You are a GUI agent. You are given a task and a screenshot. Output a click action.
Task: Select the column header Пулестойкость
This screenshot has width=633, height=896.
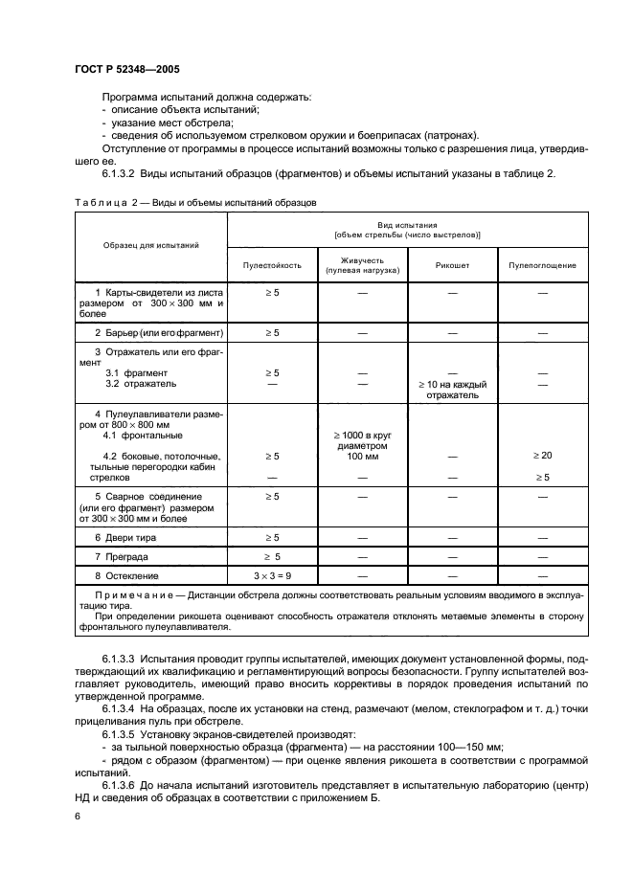coord(272,264)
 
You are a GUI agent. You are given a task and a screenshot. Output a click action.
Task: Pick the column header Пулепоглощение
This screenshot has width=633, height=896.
coord(542,264)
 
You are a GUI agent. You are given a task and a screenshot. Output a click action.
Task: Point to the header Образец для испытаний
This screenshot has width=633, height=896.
coord(151,245)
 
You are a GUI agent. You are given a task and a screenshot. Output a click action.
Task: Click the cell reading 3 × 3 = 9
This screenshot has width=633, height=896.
coord(272,576)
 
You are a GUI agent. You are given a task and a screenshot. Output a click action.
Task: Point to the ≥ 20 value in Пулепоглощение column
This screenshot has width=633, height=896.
coord(542,456)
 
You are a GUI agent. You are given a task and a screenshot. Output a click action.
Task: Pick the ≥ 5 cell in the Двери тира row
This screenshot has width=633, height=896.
coord(272,537)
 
